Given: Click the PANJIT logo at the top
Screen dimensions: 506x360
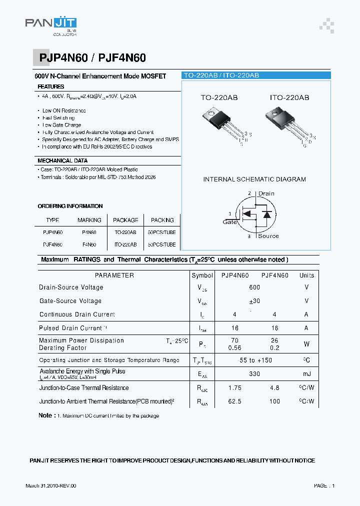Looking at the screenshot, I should (50, 26).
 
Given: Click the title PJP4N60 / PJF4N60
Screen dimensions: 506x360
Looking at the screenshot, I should (92, 58).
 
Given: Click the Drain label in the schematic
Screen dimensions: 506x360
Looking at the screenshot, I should (266, 193).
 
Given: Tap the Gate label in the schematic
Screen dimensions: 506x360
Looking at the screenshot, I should (230, 222).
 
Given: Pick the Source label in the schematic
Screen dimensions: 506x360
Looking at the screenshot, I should (268, 236).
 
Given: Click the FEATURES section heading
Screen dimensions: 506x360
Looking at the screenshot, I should (51, 87).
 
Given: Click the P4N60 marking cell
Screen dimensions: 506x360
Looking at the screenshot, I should (89, 232).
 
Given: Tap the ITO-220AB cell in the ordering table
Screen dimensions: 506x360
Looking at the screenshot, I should (125, 245).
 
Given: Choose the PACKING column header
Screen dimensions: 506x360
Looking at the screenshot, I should (162, 220).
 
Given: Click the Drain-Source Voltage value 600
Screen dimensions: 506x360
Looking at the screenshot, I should (254, 287).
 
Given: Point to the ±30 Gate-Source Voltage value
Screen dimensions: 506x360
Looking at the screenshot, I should (254, 301).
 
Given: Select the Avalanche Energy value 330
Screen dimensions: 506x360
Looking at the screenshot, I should (254, 374).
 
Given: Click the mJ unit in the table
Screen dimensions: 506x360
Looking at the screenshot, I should (306, 374).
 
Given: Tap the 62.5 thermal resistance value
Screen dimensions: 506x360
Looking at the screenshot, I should (234, 401).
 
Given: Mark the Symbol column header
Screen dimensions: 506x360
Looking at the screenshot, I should (202, 275).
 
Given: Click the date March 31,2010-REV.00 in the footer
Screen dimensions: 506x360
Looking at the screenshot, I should (51, 486).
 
